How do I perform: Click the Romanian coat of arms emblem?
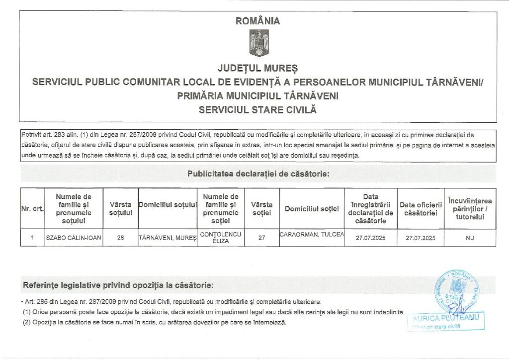(258, 43)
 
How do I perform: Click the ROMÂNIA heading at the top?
(258, 21)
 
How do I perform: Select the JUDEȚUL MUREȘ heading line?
(257, 67)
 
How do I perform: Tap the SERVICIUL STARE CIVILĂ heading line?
(257, 109)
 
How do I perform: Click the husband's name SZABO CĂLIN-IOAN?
(74, 238)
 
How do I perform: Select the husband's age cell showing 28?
(120, 238)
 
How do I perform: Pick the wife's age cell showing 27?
(261, 238)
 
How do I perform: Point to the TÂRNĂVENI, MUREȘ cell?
(168, 238)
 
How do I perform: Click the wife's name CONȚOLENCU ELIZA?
(221, 237)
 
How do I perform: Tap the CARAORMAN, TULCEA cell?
(312, 235)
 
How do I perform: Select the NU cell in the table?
(470, 238)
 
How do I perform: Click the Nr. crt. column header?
(32, 209)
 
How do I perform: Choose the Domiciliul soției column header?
(312, 209)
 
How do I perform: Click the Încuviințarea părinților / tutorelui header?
(470, 209)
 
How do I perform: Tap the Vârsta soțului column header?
(120, 209)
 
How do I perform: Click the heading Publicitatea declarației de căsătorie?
(258, 174)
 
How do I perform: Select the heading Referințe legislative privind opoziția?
(118, 285)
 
